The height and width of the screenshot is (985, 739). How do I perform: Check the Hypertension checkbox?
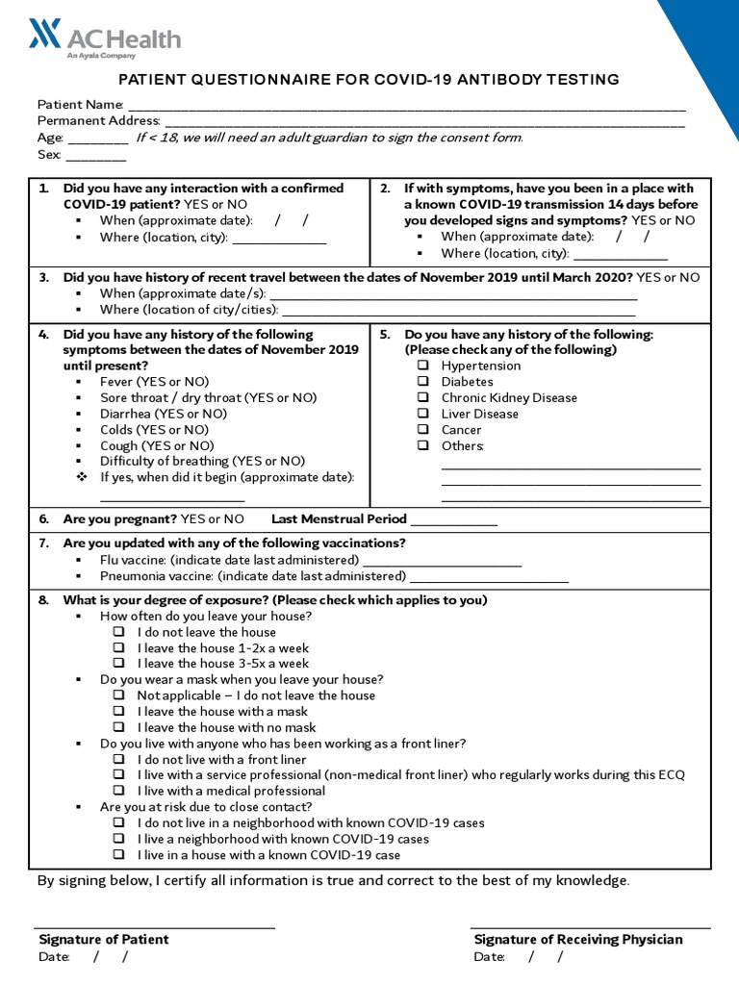tap(423, 366)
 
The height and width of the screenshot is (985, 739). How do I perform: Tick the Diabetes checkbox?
tap(423, 382)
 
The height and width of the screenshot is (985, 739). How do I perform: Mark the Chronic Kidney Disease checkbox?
tap(423, 398)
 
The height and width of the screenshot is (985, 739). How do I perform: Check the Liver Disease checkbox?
tap(423, 414)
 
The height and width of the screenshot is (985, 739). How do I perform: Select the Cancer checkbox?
tap(423, 430)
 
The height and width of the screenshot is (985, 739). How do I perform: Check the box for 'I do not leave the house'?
tap(119, 632)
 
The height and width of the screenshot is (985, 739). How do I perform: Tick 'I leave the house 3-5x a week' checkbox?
tap(119, 664)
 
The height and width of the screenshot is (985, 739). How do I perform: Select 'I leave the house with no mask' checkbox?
tap(119, 727)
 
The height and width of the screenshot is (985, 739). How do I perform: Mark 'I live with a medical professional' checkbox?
tap(119, 791)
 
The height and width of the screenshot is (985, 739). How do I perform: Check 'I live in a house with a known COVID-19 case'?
tap(119, 854)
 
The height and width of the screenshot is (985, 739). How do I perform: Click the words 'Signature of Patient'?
tap(104, 940)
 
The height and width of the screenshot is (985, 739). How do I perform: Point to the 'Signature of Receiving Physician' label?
tap(578, 940)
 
